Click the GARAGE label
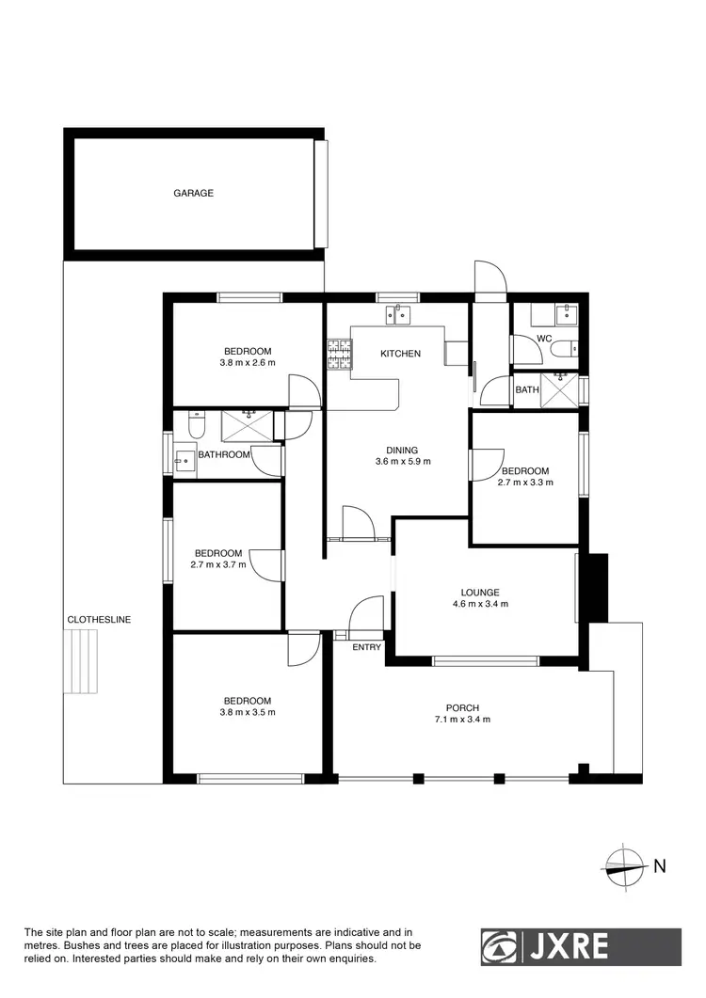pos(193,193)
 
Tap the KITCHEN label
pos(400,354)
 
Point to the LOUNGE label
pos(480,593)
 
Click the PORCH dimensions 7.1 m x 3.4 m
pos(462,720)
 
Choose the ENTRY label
pos(367,647)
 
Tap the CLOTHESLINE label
pos(98,620)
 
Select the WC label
pos(544,339)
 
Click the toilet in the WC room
pos(563,350)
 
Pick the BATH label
pos(526,389)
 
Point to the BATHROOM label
pos(224,455)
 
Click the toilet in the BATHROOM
pos(196,428)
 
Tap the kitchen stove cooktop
pos(339,354)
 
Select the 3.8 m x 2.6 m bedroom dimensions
pos(248,362)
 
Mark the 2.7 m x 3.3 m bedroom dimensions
pos(524,483)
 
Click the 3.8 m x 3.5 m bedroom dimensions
pos(248,712)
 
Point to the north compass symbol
pos(623,866)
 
